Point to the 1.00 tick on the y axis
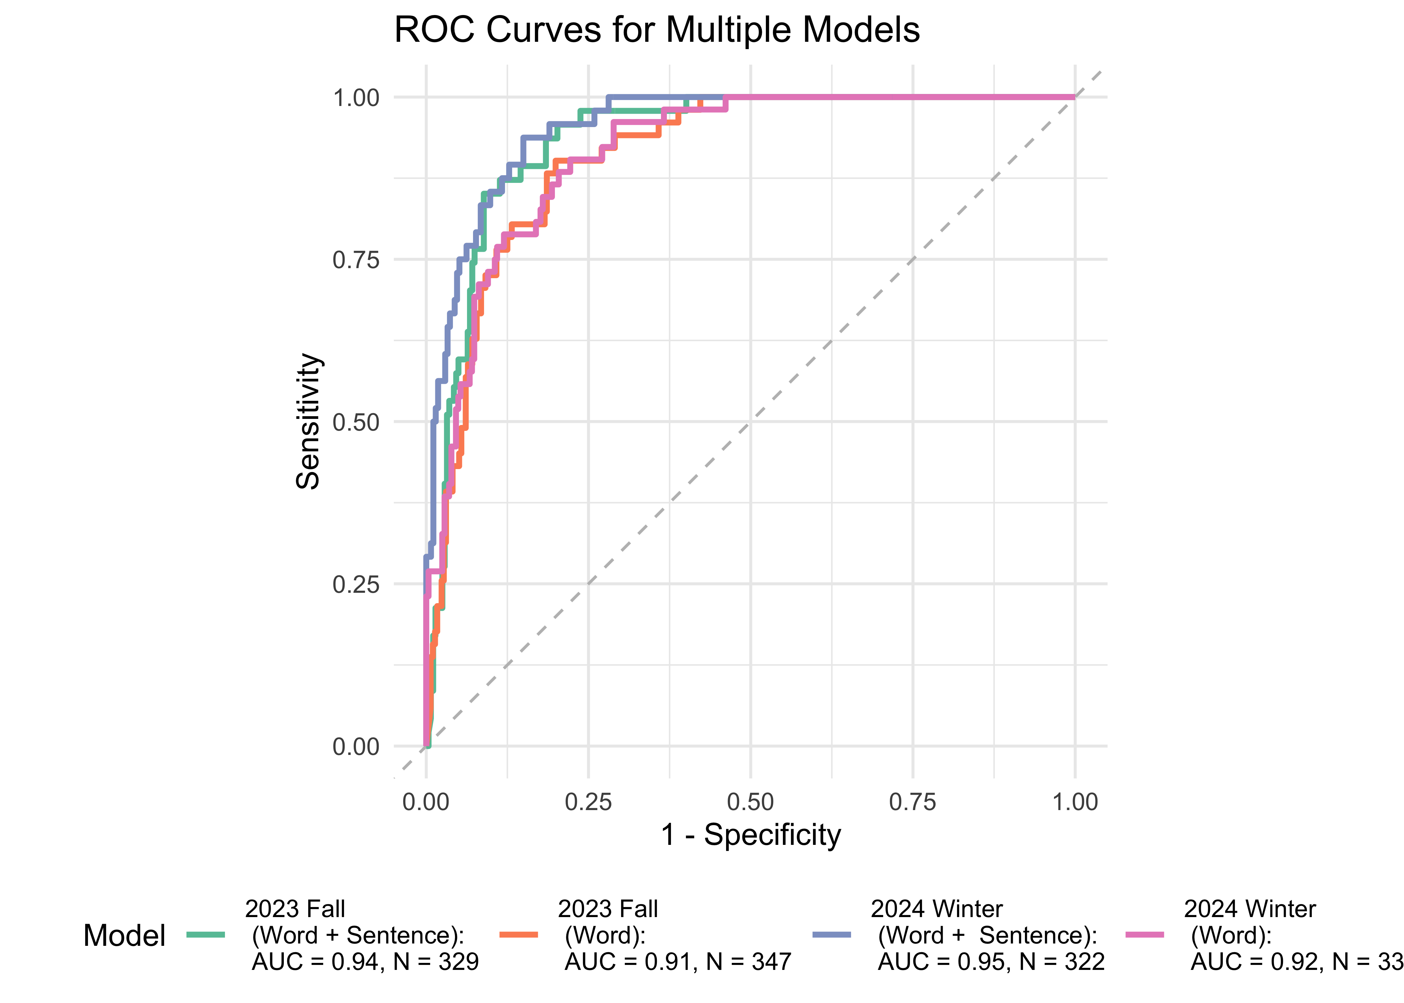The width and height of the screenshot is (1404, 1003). (356, 98)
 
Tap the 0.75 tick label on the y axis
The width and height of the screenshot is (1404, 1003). (356, 260)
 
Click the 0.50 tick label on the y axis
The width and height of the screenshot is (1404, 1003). (356, 423)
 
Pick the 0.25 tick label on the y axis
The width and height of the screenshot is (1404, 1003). (356, 584)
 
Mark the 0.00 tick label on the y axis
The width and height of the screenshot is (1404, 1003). (356, 747)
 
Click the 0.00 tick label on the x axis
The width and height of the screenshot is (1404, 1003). (426, 802)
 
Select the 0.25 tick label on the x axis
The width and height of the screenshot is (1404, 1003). (588, 802)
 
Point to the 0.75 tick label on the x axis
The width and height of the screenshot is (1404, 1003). (913, 802)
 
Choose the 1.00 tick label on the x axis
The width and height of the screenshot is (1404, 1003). (1075, 802)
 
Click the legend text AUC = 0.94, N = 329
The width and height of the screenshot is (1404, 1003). (365, 962)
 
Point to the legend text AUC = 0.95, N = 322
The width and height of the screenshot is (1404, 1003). (991, 962)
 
